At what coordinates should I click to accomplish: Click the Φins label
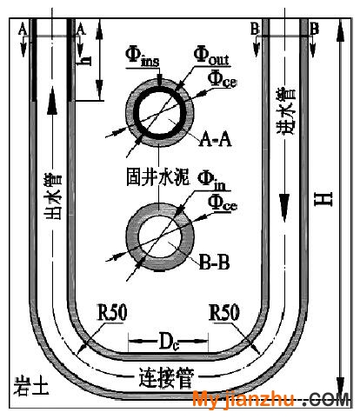(142, 57)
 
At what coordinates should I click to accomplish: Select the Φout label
(211, 55)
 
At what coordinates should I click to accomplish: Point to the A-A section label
(215, 139)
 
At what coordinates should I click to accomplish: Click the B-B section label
(214, 263)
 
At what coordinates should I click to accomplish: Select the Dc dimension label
(169, 342)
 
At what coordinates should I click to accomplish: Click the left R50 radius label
(112, 312)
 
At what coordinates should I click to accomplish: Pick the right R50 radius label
(224, 312)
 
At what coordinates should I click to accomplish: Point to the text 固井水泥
(157, 176)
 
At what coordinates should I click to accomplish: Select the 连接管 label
(166, 377)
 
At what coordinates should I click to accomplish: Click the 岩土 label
(31, 386)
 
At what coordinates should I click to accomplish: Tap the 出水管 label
(53, 196)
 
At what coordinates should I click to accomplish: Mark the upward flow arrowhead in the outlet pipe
(52, 101)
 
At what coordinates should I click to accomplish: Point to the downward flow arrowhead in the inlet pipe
(284, 208)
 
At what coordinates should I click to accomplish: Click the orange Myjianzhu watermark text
(243, 400)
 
